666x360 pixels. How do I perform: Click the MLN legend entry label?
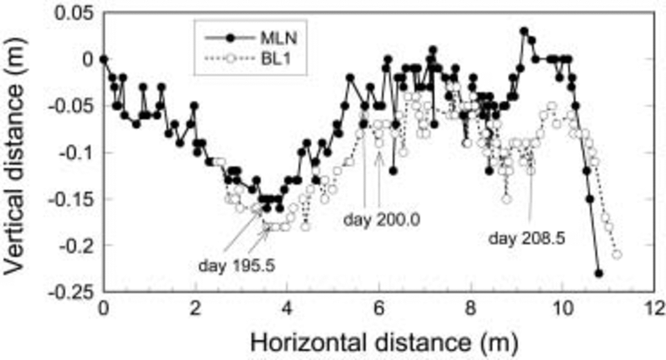(x=279, y=39)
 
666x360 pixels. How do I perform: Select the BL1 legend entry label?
(x=275, y=59)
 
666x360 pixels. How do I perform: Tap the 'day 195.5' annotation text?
(x=237, y=265)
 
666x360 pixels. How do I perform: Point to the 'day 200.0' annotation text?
(x=382, y=220)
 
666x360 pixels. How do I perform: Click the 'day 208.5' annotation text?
(x=527, y=238)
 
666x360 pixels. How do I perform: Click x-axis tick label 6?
(x=379, y=309)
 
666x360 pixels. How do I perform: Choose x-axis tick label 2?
(x=195, y=309)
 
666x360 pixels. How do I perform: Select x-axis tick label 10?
(x=563, y=309)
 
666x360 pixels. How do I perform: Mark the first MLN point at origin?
(x=104, y=59)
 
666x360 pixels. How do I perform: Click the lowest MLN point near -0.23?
(x=599, y=273)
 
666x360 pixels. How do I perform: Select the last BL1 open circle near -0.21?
(x=617, y=254)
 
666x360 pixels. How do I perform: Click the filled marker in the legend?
(x=230, y=39)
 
